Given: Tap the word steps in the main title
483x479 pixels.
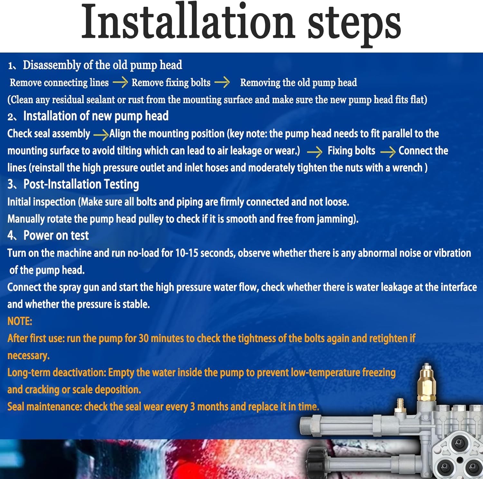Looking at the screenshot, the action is [354, 25].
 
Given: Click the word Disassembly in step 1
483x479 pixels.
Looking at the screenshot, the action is [52, 65].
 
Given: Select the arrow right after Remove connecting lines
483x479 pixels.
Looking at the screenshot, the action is [120, 83].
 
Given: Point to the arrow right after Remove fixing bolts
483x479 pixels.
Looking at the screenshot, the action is [222, 83].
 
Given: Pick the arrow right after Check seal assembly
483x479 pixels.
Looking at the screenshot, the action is [101, 134].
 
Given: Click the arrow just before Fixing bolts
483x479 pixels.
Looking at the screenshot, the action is [315, 152].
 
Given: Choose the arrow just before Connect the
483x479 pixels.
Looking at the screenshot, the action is [388, 152].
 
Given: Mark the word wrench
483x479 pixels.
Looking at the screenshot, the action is [407, 168].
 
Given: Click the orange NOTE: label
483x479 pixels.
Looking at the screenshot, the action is [20, 321].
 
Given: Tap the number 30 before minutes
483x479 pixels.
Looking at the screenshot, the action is [144, 338].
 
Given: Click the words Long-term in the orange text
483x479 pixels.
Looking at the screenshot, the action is [29, 373].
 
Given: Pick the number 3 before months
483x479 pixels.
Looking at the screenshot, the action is [193, 407].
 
